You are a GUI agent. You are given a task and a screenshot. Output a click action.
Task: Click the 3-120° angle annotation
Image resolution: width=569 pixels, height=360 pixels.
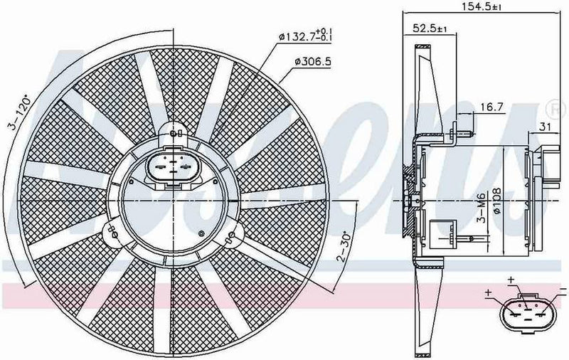[x=14, y=115]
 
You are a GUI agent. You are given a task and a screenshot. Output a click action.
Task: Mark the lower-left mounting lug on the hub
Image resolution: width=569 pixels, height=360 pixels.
[x=112, y=230]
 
